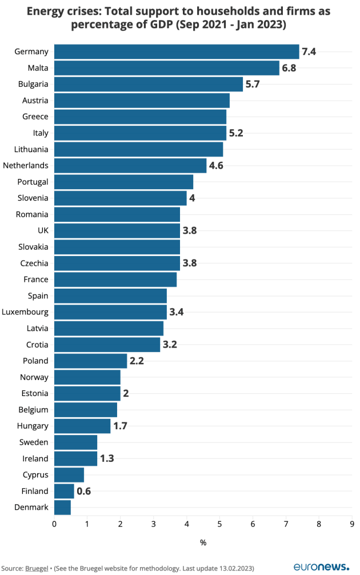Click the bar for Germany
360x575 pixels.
tap(177, 51)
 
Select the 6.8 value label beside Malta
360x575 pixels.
tap(289, 68)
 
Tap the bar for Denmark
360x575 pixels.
tap(62, 507)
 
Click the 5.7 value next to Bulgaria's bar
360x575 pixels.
tap(253, 84)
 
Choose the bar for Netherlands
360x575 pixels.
tap(130, 166)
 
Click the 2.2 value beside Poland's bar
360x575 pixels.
tap(137, 361)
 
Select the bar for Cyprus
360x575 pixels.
tap(69, 474)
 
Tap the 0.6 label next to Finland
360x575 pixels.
tap(83, 491)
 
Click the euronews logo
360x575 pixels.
tap(321, 566)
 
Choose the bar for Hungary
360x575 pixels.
tap(82, 426)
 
